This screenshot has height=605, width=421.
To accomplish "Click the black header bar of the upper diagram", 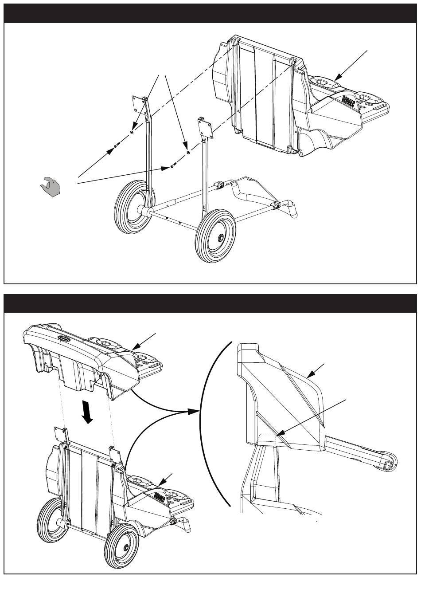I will (x=210, y=13).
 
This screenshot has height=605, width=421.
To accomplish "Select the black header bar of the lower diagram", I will (x=210, y=303).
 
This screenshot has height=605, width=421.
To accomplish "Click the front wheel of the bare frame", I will (x=216, y=237).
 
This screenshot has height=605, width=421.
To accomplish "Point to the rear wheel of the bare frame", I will (x=133, y=207).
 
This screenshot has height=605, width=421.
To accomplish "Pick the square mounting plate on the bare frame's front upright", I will (x=206, y=128).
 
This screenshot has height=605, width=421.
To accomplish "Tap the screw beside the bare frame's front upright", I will (x=172, y=167).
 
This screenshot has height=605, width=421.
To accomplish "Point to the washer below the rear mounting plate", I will (x=133, y=133).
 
